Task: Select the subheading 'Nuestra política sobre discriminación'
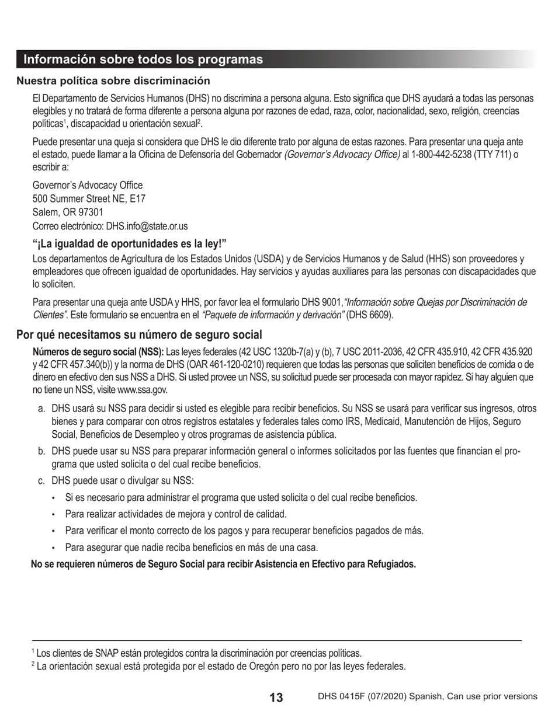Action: click(113, 81)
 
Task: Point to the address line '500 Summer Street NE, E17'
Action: click(89, 199)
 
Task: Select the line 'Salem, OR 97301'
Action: click(68, 212)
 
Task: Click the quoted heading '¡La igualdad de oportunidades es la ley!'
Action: click(129, 243)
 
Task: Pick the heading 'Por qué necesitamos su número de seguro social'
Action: click(139, 334)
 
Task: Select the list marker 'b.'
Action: click(41, 451)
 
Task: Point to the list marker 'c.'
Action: click(41, 480)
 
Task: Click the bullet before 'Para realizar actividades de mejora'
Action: click(53, 514)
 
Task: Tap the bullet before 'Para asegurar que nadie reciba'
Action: click(53, 548)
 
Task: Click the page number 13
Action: click(276, 698)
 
